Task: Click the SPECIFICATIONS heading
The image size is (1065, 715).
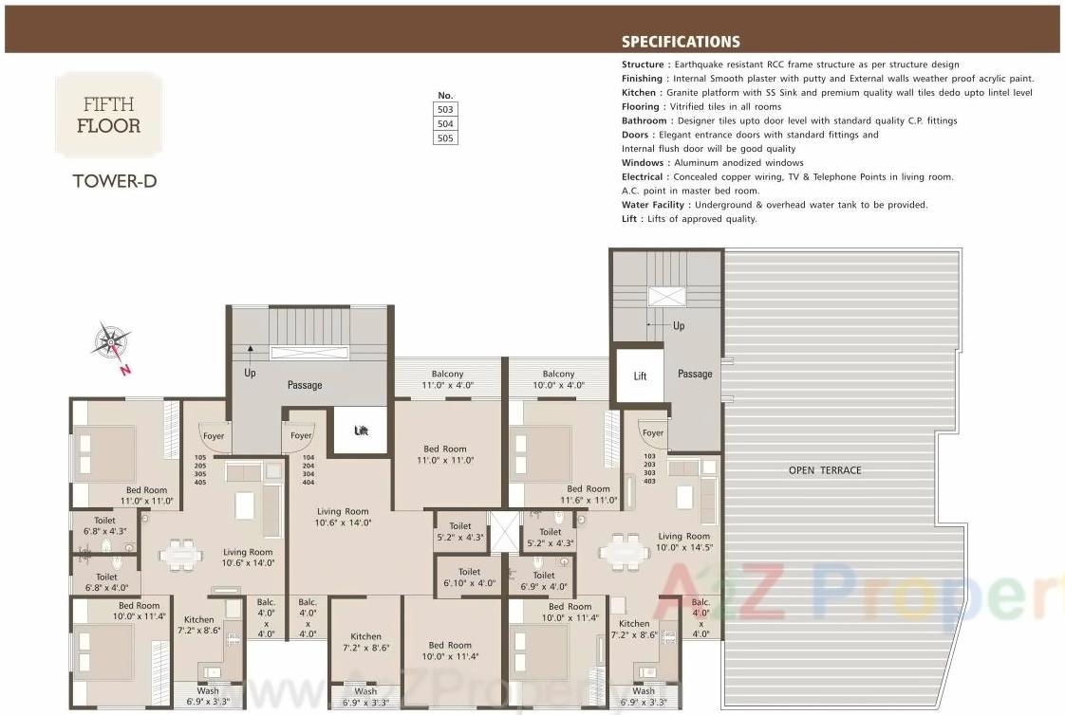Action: [x=681, y=42]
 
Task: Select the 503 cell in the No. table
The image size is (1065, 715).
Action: [x=445, y=110]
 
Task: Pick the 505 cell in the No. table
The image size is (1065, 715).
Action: [x=445, y=138]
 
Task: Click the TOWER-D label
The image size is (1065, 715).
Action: [x=114, y=181]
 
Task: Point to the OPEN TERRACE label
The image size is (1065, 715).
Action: [x=825, y=470]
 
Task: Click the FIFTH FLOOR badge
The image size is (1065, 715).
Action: [x=108, y=115]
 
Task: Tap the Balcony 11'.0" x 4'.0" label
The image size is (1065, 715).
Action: [x=448, y=380]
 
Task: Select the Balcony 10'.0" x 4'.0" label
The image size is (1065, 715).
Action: [x=558, y=380]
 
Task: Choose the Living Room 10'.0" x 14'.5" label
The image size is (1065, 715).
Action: [x=683, y=542]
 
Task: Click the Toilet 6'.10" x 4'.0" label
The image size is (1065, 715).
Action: [x=469, y=577]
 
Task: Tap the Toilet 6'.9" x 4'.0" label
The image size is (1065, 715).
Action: [x=544, y=581]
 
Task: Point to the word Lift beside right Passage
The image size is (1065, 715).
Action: [x=640, y=376]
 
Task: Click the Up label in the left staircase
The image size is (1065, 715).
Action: [x=251, y=374]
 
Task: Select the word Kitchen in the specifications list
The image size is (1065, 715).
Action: [x=639, y=93]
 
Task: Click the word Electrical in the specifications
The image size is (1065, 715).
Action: [x=644, y=177]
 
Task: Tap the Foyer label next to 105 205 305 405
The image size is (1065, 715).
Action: [x=214, y=436]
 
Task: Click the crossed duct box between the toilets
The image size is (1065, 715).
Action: [x=503, y=532]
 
